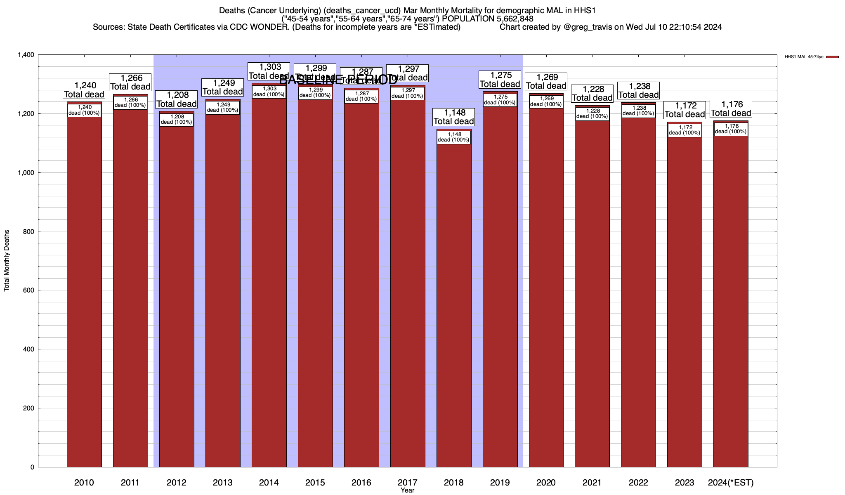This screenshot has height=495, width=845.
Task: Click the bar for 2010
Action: tap(84, 289)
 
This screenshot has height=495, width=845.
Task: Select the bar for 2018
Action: tap(454, 301)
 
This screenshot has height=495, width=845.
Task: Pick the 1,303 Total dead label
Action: tap(269, 71)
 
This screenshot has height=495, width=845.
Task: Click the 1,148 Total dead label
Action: tap(454, 117)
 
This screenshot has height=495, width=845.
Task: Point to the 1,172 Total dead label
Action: tap(685, 110)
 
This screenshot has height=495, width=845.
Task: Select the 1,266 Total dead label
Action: tap(130, 82)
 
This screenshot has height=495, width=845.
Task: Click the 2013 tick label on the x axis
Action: tap(223, 483)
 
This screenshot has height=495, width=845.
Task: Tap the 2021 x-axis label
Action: tap(592, 483)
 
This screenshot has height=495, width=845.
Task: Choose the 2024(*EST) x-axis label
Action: tap(731, 483)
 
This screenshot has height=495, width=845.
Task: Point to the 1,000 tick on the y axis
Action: tap(26, 173)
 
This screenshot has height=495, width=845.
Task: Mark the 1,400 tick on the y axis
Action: tap(26, 55)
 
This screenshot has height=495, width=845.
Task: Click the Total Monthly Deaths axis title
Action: tap(7, 261)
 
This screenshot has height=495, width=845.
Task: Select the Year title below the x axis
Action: tap(408, 490)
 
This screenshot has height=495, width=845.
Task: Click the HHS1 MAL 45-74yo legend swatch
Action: tap(832, 57)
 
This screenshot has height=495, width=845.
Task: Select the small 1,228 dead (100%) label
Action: tap(592, 114)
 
